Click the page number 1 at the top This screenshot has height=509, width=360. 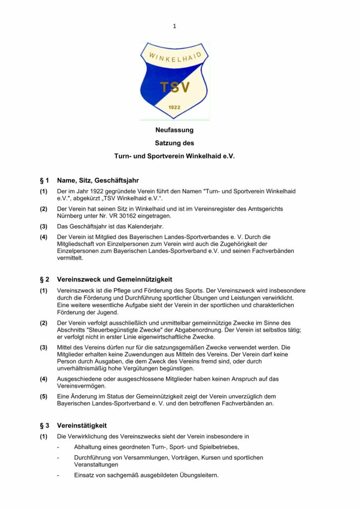tap(175, 26)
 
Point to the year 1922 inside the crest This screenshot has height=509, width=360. tap(175, 107)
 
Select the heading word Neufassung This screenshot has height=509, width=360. tap(175, 130)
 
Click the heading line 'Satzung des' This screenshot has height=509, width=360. tap(175, 143)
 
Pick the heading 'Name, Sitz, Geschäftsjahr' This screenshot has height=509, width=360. tap(98, 180)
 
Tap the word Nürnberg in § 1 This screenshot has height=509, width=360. tap(71, 216)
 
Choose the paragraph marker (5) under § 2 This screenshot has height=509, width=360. tap(44, 396)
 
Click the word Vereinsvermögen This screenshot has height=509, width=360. tap(81, 386)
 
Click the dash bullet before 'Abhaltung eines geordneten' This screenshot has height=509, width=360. tap(59, 447)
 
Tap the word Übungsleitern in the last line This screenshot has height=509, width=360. tap(198, 475)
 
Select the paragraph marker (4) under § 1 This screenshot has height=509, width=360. tap(44, 237)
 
